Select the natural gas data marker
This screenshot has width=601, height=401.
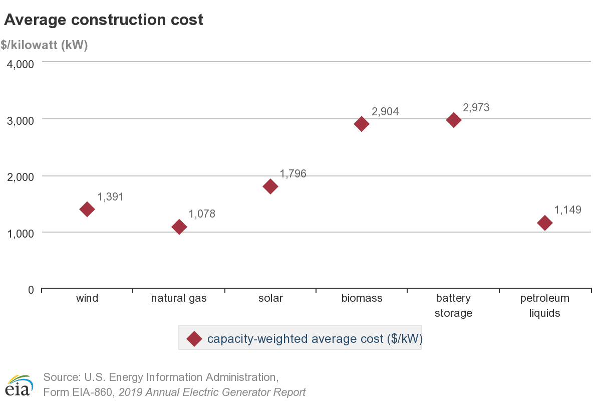[179, 227]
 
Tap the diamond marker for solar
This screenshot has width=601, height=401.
[270, 186]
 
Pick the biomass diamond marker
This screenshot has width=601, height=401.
[362, 124]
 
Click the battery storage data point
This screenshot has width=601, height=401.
[453, 120]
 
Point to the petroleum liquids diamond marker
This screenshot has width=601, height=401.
[545, 223]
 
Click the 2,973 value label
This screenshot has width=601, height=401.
[476, 108]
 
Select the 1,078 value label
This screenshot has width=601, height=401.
[202, 214]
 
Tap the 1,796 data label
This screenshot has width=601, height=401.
[293, 174]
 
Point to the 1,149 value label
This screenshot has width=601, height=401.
[567, 210]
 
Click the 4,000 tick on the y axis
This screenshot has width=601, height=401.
[20, 64]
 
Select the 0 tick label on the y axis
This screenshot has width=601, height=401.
[31, 290]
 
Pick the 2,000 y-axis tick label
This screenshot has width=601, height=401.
[20, 177]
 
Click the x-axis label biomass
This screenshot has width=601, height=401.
[362, 298]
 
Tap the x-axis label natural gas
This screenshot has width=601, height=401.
[179, 298]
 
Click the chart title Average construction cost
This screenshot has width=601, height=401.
[104, 20]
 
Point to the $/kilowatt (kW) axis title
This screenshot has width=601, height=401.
[44, 45]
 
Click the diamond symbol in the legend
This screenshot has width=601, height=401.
[194, 339]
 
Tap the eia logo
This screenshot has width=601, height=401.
[19, 385]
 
